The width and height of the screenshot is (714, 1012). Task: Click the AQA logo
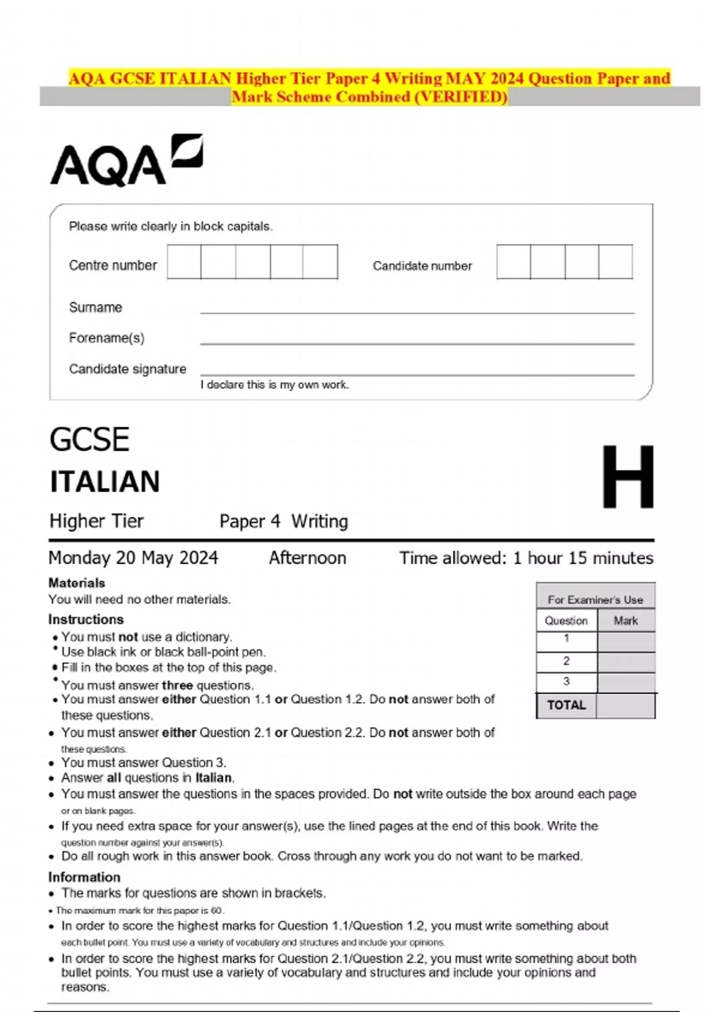click(126, 161)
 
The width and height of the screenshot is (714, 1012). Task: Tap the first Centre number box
click(184, 261)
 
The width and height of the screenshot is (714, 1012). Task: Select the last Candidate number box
click(615, 261)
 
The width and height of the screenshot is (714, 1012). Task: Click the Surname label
click(95, 307)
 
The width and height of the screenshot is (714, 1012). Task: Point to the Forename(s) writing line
click(416, 342)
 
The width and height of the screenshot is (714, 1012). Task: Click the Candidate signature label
click(127, 369)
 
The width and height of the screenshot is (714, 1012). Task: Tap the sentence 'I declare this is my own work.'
click(274, 385)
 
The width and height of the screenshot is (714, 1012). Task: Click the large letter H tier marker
click(627, 477)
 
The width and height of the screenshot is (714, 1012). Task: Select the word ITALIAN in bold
click(105, 482)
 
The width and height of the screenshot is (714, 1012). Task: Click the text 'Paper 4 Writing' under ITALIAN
click(283, 521)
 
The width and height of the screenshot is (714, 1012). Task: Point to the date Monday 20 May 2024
click(133, 558)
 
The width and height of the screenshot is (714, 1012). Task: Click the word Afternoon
click(307, 558)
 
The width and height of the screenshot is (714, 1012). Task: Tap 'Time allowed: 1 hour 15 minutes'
click(526, 558)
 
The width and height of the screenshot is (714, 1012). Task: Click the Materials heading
click(77, 583)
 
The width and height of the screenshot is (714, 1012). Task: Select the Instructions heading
click(86, 619)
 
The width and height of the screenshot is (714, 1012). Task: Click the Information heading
click(84, 877)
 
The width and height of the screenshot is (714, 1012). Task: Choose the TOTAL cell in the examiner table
click(566, 705)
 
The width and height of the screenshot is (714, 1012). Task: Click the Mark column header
click(625, 621)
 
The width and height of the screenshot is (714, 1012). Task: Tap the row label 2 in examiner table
click(566, 661)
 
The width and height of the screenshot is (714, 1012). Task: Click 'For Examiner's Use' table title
click(595, 599)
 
